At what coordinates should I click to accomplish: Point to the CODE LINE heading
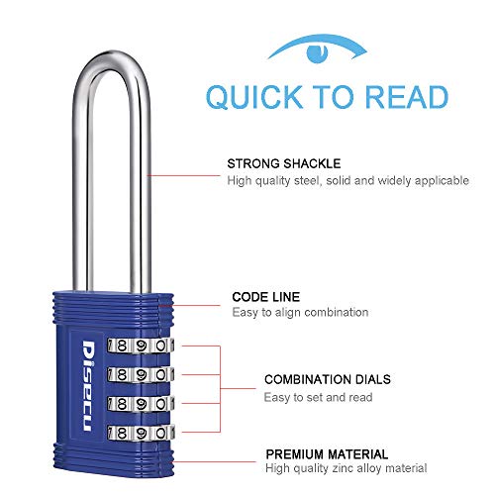coord(265,295)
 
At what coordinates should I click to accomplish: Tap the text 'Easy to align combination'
coord(301,312)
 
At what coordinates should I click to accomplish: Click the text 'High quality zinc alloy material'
coord(346,467)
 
